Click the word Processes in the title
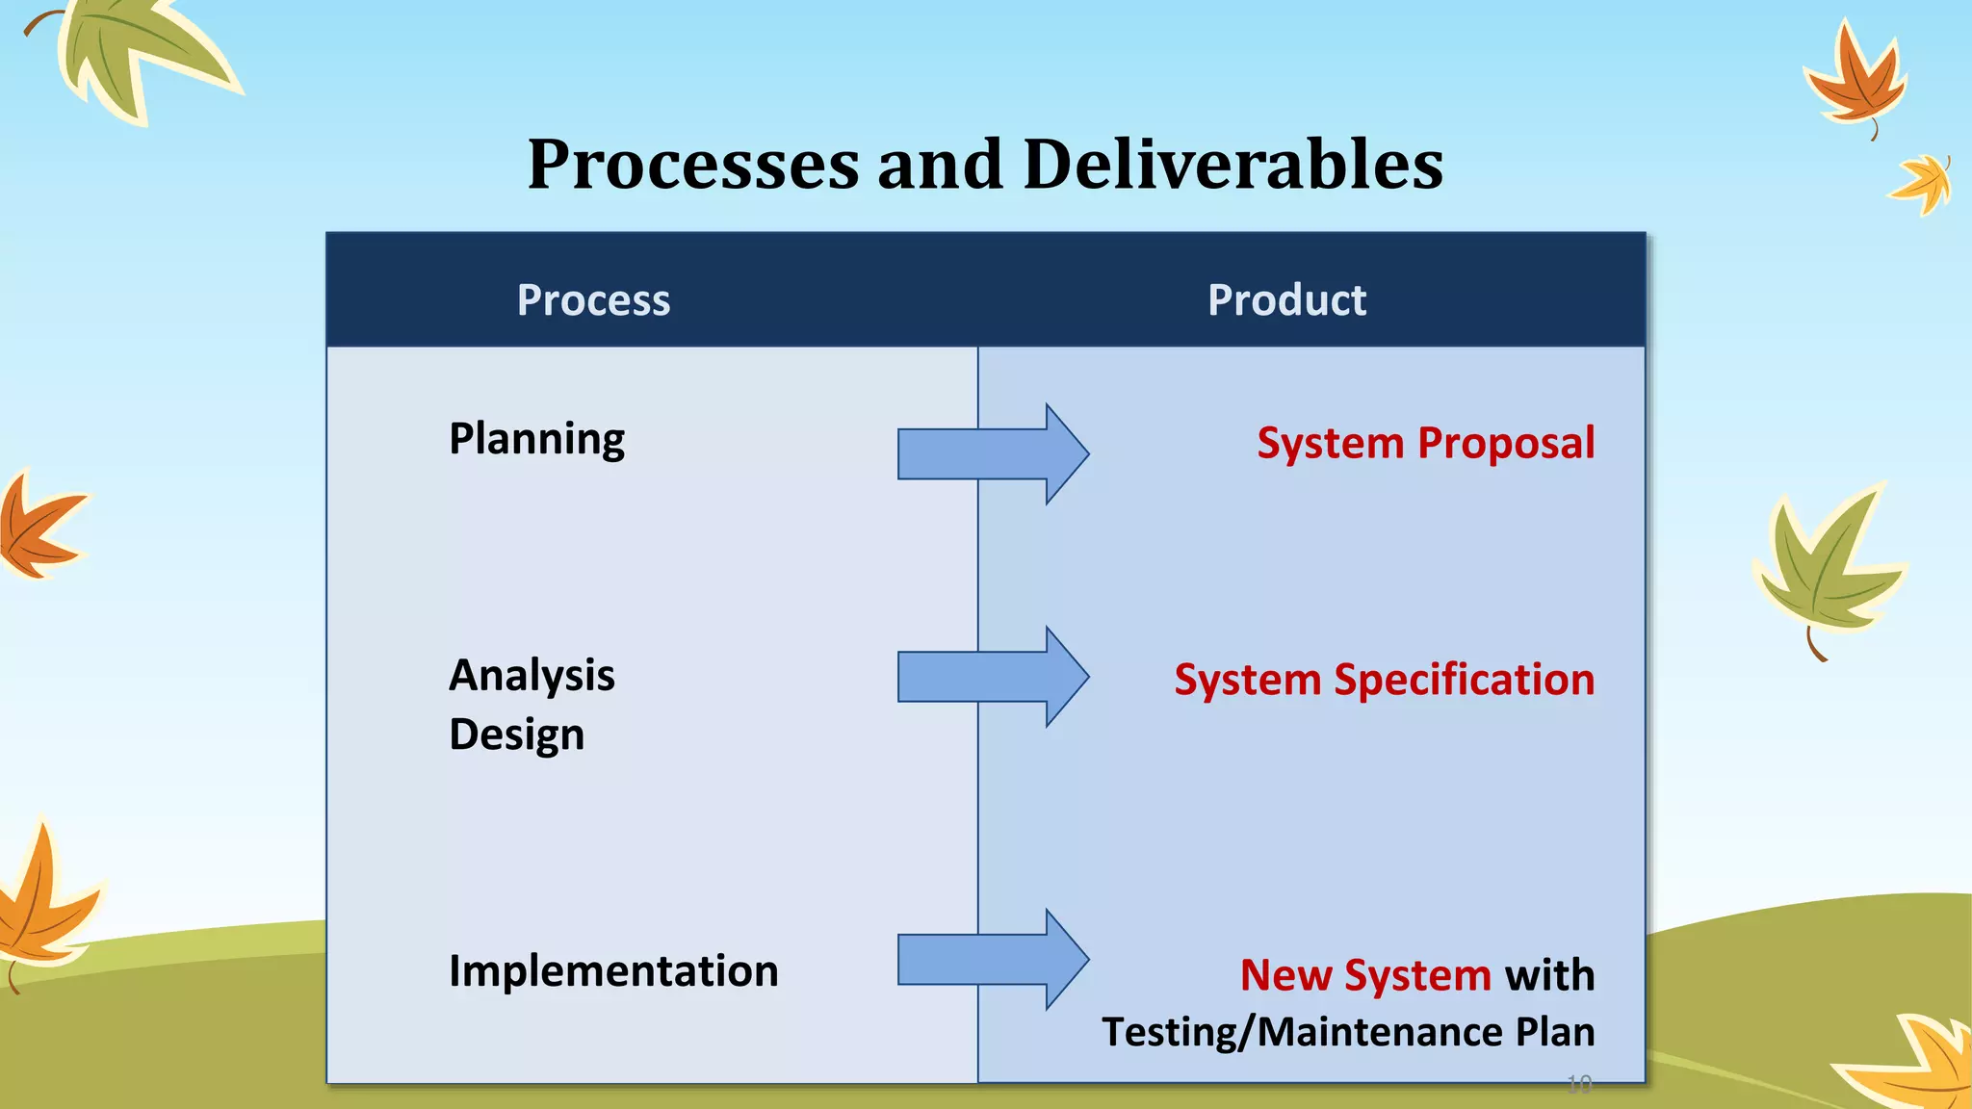pos(693,164)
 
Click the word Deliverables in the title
pos(1232,164)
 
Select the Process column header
pos(593,300)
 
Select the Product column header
pos(1286,300)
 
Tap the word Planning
pos(536,440)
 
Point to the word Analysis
pos(532,675)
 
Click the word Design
pos(516,735)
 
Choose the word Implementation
pos(613,970)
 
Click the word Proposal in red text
pos(1506,444)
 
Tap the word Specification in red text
pos(1464,680)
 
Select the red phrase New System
pos(1365,975)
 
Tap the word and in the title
pos(940,164)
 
